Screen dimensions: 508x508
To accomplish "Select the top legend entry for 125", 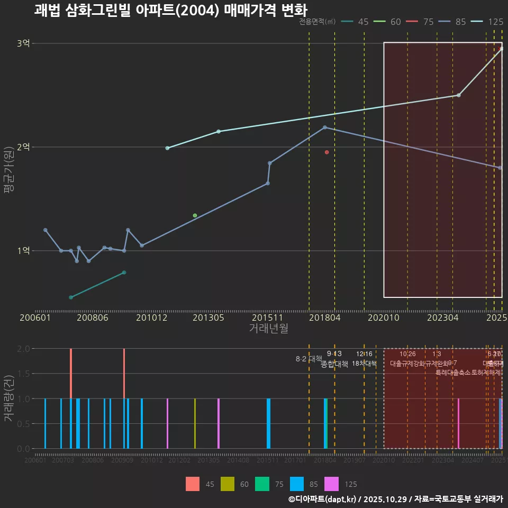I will pyautogui.click(x=495, y=22).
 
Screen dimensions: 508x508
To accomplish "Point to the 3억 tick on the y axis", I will pyautogui.click(x=23, y=43).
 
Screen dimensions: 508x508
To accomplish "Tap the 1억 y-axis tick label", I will pyautogui.click(x=23, y=251).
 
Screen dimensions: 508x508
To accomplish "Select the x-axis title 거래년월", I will pyautogui.click(x=268, y=328).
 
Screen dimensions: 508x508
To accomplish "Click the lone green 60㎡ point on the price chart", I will pyautogui.click(x=195, y=215).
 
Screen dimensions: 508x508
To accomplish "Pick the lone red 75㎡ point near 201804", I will pyautogui.click(x=327, y=152).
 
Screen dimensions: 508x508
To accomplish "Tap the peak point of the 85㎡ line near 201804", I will pyautogui.click(x=325, y=128).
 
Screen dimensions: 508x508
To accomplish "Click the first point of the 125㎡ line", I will pyautogui.click(x=167, y=148).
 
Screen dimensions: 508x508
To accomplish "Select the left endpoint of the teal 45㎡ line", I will pyautogui.click(x=71, y=297).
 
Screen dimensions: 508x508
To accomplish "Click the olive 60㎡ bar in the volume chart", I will pyautogui.click(x=195, y=423).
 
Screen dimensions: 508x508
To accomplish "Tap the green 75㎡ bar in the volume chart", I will pyautogui.click(x=326, y=423).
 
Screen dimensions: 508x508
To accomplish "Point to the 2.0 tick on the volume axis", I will pyautogui.click(x=23, y=349).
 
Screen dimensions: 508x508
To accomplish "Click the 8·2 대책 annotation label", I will pyautogui.click(x=309, y=359).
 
